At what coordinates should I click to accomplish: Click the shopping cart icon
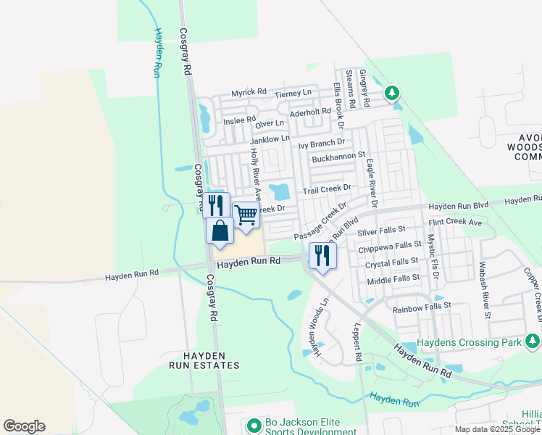[x=246, y=215]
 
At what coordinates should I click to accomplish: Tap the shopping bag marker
[x=220, y=231]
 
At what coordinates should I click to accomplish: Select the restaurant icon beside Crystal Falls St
[x=322, y=255]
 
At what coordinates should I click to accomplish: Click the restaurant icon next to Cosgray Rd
[x=216, y=205]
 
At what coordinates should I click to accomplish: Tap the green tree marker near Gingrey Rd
[x=392, y=93]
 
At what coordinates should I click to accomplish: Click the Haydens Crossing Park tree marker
[x=533, y=341]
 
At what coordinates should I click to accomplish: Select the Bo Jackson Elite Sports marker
[x=253, y=425]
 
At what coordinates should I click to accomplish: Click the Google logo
[x=24, y=426]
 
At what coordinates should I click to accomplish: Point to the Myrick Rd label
[x=249, y=94]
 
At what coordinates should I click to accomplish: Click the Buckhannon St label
[x=338, y=157]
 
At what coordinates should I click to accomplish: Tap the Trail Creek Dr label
[x=326, y=189]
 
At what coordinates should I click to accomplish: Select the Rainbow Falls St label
[x=422, y=308]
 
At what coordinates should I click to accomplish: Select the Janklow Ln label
[x=270, y=138]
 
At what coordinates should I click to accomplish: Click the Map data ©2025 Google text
[x=497, y=429]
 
